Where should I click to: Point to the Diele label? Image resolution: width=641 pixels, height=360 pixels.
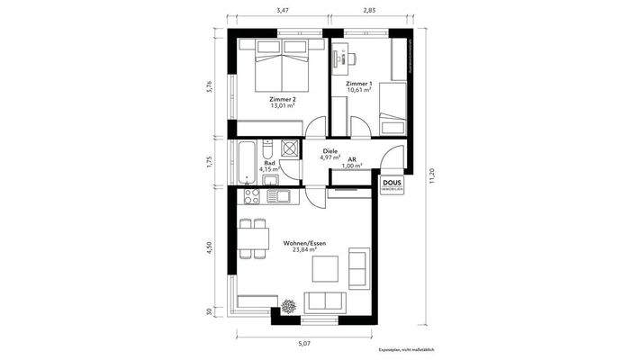[x=330, y=154]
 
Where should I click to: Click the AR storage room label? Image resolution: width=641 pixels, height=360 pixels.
[x=354, y=162]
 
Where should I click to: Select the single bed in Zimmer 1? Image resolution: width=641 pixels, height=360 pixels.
[x=391, y=108]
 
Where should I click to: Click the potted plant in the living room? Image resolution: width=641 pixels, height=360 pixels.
[x=289, y=306]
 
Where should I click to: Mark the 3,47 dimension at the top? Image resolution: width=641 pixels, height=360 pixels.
[x=282, y=10]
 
